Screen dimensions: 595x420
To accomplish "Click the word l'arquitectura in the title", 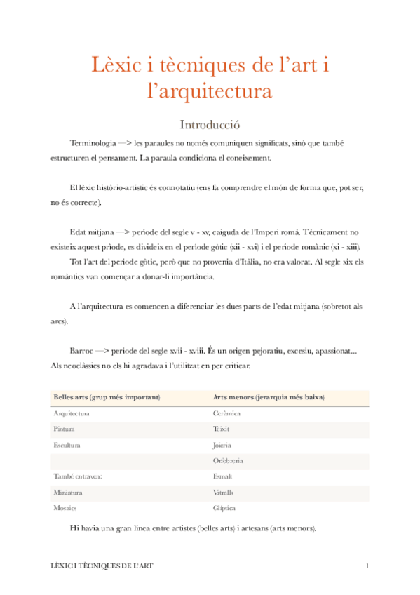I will [x=210, y=92].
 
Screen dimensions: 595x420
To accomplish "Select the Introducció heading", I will [x=210, y=125].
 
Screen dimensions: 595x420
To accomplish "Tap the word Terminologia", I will [x=93, y=143].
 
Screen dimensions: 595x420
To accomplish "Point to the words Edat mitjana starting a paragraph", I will [x=92, y=231].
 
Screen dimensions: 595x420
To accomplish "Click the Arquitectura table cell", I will [x=71, y=413].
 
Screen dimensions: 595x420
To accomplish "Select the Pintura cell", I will [x=64, y=429].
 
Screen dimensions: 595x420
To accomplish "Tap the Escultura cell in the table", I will [x=67, y=445].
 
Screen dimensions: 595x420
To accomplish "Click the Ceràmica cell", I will [x=226, y=413].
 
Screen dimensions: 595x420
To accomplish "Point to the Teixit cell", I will [x=221, y=429].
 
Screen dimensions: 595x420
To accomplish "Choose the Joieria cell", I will [x=222, y=445].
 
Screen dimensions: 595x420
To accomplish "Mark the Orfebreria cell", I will [x=228, y=461].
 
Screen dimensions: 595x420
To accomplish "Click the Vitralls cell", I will [x=223, y=493].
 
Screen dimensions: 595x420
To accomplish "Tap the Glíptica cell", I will [x=224, y=508].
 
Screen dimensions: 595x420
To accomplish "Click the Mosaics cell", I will [x=65, y=508].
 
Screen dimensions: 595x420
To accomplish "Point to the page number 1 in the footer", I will [x=367, y=566].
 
